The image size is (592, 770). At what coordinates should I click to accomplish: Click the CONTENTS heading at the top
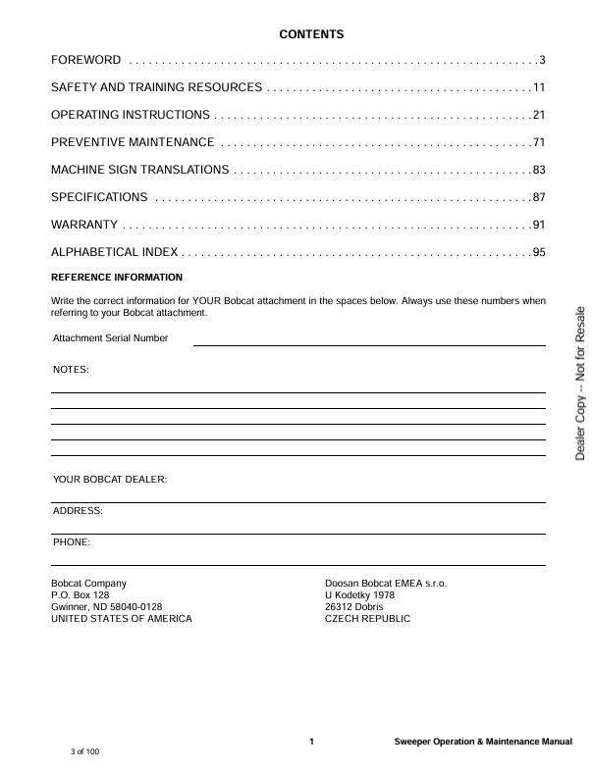[311, 35]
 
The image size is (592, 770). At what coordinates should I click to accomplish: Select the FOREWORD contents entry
[86, 61]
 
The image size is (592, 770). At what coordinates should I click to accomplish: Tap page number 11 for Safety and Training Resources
[538, 88]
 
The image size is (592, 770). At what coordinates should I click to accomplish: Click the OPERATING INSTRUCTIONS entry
[130, 116]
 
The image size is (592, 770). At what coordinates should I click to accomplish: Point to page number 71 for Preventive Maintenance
[538, 143]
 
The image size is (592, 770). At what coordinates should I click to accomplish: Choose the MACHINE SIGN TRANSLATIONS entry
[139, 171]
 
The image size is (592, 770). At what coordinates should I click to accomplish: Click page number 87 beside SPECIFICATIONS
[538, 198]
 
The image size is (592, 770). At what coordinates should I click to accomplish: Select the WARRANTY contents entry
[84, 226]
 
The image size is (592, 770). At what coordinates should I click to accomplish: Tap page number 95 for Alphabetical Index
[538, 253]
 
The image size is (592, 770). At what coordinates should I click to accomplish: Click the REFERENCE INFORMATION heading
[117, 278]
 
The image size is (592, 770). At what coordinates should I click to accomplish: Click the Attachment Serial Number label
[110, 338]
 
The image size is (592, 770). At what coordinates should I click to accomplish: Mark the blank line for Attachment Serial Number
[368, 344]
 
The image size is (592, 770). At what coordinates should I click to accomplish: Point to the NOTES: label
[71, 370]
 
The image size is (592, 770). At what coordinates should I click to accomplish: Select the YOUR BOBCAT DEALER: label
[110, 480]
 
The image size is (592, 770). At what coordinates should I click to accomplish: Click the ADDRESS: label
[78, 511]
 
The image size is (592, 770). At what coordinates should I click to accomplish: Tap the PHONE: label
[72, 542]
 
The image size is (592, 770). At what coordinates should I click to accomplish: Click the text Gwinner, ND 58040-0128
[106, 607]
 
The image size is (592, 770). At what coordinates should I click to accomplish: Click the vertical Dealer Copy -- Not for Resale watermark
[580, 384]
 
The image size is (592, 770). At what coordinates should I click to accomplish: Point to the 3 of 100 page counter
[84, 751]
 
